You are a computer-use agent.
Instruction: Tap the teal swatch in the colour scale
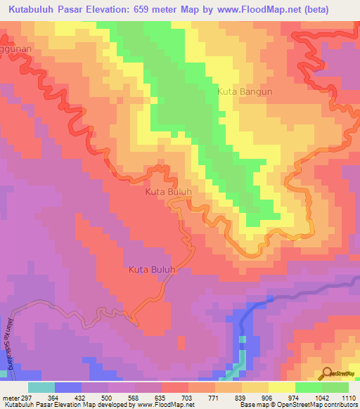[41, 387]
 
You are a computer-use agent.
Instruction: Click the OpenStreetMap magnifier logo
[328, 372]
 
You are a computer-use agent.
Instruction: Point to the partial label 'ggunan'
[15, 52]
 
